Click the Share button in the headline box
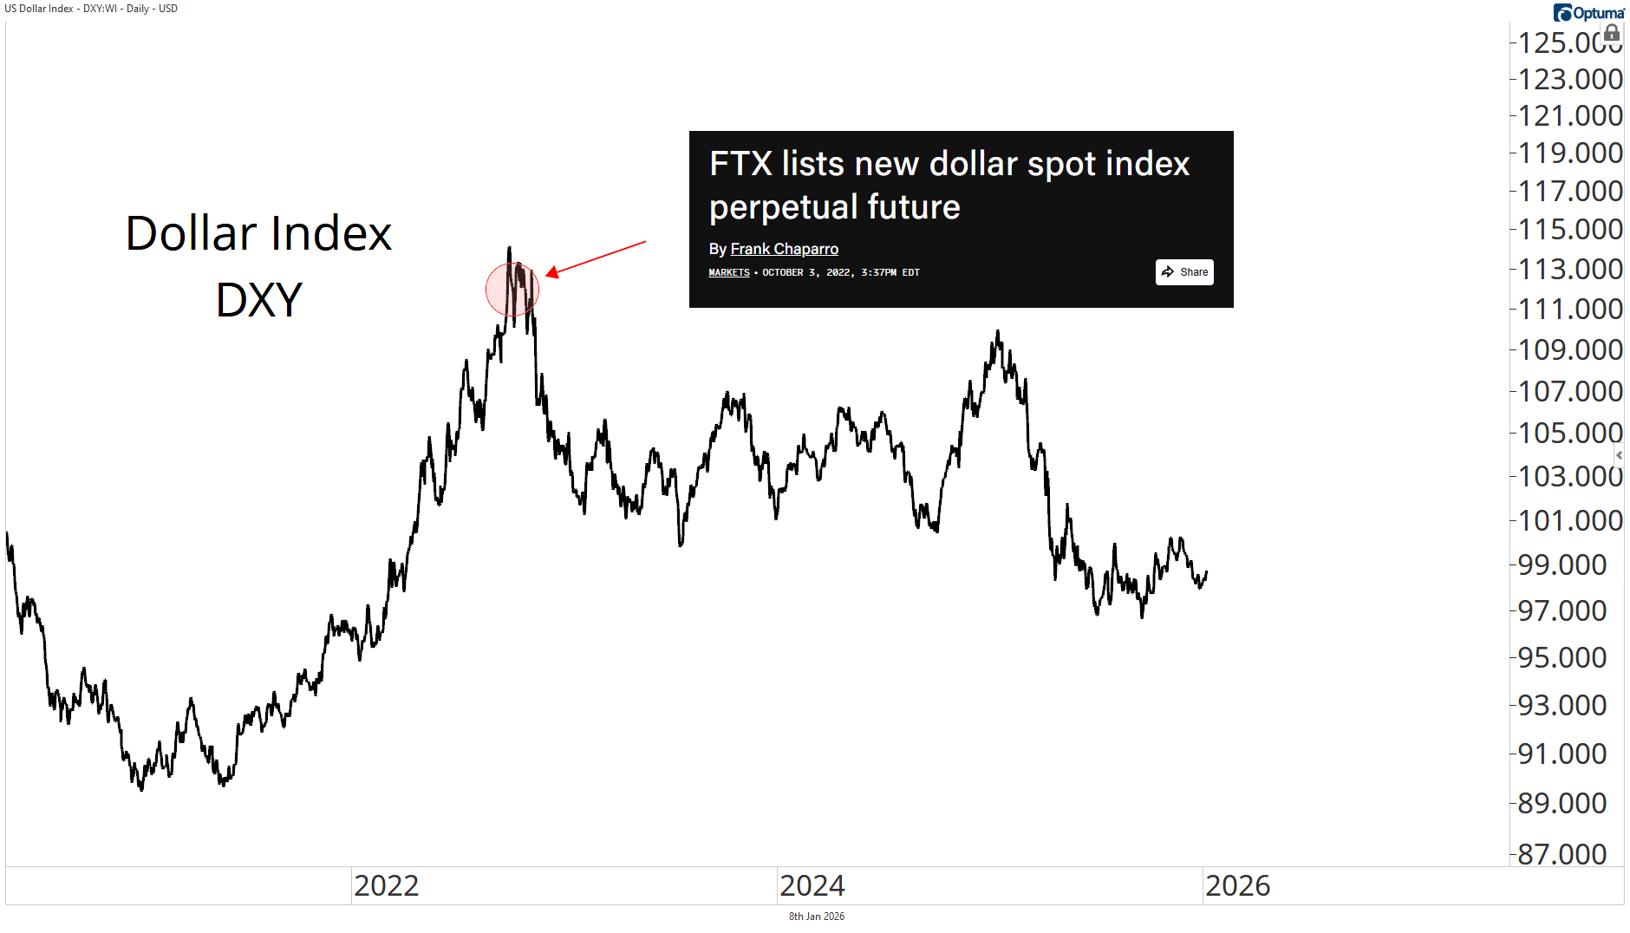[x=1184, y=272]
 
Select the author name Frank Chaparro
[x=784, y=249]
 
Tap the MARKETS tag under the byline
[x=729, y=272]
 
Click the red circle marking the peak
[x=512, y=290]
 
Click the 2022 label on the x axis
[x=387, y=886]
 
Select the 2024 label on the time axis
[x=812, y=886]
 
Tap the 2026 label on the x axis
[x=1238, y=886]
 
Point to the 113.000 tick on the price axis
[x=1570, y=270]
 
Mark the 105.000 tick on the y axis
[x=1570, y=433]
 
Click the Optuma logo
[x=1588, y=13]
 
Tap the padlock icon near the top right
[x=1612, y=34]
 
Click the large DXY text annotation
[x=259, y=300]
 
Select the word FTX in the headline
[x=740, y=164]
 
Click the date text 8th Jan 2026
[x=816, y=917]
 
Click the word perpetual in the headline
[x=783, y=207]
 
